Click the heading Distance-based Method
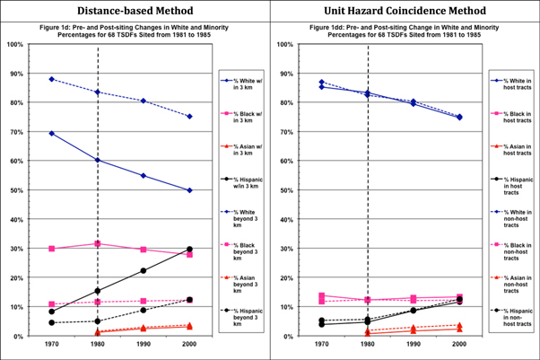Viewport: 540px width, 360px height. tap(135, 12)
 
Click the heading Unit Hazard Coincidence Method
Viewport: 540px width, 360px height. tap(405, 12)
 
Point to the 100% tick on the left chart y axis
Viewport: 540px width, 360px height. tap(15, 44)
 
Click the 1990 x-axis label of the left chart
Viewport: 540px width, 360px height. tap(144, 344)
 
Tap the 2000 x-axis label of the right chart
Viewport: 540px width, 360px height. tap(459, 344)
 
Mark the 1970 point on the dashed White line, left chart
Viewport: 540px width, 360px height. tap(52, 79)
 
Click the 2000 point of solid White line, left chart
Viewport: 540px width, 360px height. tap(189, 190)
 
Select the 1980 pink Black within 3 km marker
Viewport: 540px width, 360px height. tap(98, 243)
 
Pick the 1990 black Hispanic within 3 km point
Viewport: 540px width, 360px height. tap(144, 270)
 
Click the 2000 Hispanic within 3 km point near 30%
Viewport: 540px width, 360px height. tap(189, 249)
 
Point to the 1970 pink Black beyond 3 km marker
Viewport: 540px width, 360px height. tap(52, 304)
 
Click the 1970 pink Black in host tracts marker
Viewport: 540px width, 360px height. tap(322, 295)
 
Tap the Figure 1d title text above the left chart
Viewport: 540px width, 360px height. tap(135, 31)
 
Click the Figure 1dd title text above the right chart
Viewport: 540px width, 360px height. tap(405, 31)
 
